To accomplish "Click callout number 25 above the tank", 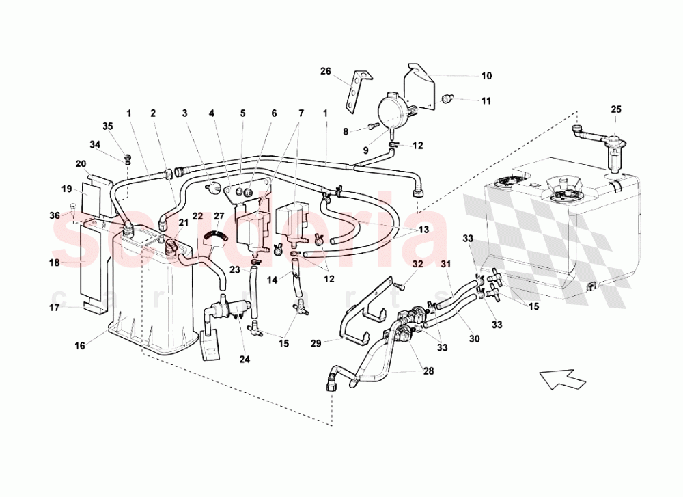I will pyautogui.click(x=615, y=110).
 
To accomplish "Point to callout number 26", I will pyautogui.click(x=325, y=71).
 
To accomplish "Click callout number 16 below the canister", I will pyautogui.click(x=79, y=347).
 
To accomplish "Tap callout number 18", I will pyautogui.click(x=55, y=262).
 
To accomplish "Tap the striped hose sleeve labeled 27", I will pyautogui.click(x=216, y=236).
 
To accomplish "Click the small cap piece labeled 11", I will pyautogui.click(x=447, y=100).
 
